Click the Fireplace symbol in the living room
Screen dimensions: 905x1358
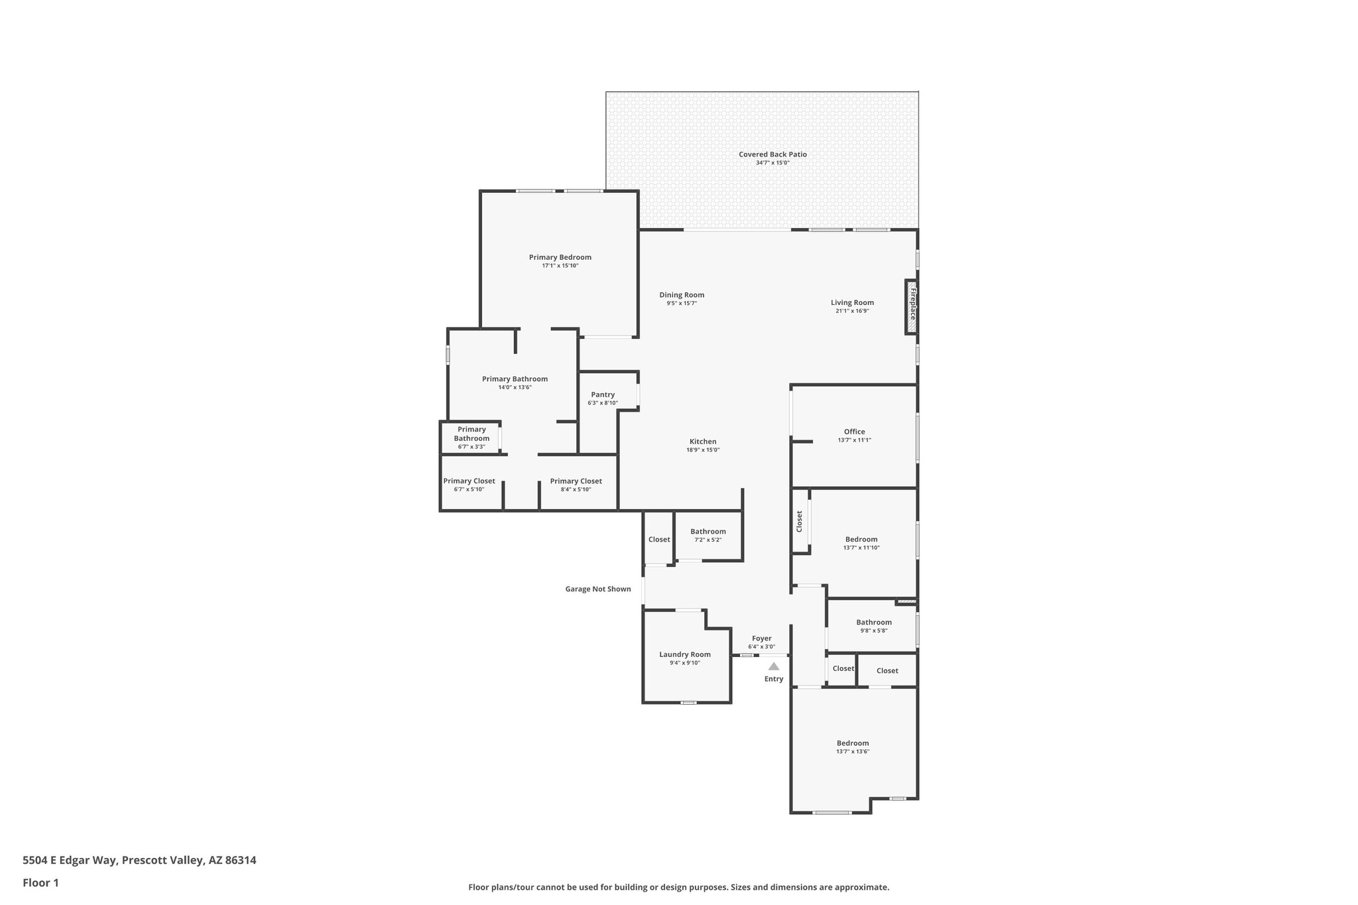912,306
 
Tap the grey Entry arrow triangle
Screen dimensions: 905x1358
774,666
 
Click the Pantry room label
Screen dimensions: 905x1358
603,394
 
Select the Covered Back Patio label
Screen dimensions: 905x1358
772,154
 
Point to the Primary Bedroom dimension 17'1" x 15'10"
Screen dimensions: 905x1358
560,266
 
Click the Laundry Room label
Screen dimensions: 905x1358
684,654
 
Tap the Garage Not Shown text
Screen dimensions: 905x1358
597,589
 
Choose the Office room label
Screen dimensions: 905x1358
854,432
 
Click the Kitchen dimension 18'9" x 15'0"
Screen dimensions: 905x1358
703,450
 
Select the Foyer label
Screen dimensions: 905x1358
761,638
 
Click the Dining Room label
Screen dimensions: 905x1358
682,295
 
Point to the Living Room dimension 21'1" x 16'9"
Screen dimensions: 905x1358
852,311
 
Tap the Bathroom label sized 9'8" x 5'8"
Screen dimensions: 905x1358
873,622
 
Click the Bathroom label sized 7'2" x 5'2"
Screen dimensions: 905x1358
708,531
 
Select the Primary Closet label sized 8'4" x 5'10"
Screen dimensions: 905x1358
576,481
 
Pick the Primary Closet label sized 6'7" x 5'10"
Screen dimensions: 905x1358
469,481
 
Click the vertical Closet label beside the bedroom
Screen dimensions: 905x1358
799,521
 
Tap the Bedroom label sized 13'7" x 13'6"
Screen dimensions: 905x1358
852,743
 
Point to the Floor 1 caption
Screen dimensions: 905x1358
40,883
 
